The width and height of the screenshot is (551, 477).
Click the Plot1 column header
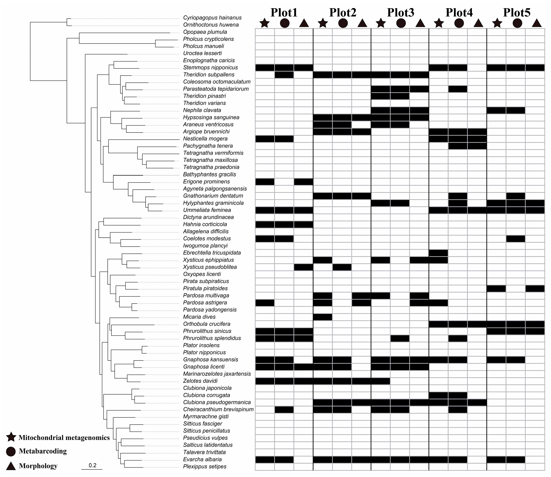284,13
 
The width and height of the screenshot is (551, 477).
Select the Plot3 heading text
400,13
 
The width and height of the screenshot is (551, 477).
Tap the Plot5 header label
517,13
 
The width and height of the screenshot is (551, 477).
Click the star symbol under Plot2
323,23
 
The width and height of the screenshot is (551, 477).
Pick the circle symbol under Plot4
459,23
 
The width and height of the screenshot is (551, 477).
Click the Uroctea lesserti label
202,53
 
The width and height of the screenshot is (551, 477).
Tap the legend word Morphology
38,466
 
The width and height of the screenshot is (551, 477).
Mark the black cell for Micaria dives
323,317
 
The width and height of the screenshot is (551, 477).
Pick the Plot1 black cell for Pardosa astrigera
265,303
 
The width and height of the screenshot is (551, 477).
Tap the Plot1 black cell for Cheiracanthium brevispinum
284,409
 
